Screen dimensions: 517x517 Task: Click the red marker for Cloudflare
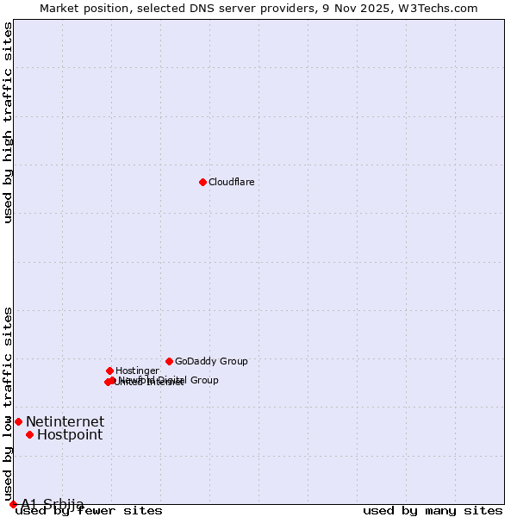point(202,182)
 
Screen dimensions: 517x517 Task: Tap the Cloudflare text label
point(231,183)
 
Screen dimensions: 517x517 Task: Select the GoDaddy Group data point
point(169,361)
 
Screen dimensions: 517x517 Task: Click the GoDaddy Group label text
point(211,362)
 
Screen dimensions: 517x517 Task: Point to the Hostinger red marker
point(109,371)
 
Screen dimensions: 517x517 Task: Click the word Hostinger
point(137,371)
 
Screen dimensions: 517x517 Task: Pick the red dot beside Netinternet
point(18,421)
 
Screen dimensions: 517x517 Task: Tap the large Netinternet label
point(65,422)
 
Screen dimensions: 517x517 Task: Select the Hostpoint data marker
point(29,434)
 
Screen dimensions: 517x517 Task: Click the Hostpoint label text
point(70,435)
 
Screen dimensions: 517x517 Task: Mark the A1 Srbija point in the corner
point(13,504)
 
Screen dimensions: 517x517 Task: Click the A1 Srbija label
point(53,504)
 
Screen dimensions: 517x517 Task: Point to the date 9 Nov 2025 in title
point(361,8)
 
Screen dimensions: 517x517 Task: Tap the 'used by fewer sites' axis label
point(90,511)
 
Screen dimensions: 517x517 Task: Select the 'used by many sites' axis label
point(432,511)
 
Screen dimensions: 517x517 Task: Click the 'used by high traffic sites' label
point(8,123)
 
